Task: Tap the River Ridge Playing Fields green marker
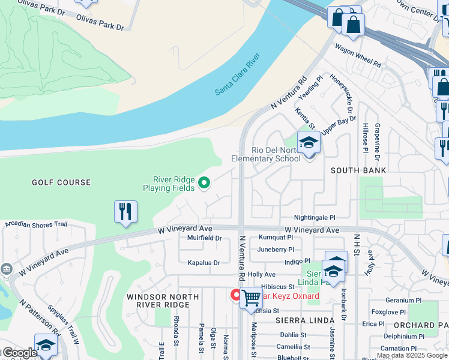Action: tap(204, 184)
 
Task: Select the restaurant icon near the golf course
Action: tap(125, 212)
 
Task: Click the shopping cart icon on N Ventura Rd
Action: tap(251, 298)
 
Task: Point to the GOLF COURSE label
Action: tap(62, 182)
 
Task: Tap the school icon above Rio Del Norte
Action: tap(309, 142)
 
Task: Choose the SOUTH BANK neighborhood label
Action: tap(358, 170)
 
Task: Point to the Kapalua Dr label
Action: tap(204, 263)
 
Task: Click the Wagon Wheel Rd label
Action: tap(358, 55)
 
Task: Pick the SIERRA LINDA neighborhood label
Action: tap(300, 321)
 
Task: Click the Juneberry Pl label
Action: tap(276, 250)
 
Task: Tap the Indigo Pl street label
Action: tap(298, 261)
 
